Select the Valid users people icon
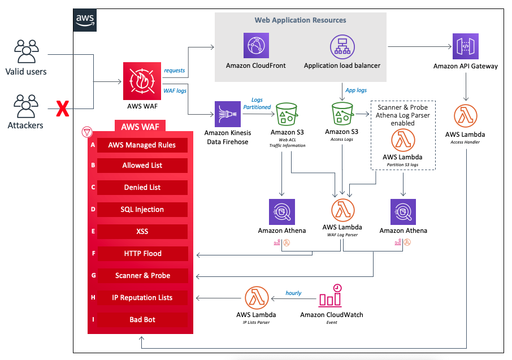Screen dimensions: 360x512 point(25,51)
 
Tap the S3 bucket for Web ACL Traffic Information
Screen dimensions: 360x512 point(287,115)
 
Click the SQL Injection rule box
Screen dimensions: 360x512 point(142,210)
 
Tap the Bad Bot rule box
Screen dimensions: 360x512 point(142,320)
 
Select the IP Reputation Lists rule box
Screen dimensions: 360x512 point(142,298)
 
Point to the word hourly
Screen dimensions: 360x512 point(293,293)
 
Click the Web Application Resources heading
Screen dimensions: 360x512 point(300,20)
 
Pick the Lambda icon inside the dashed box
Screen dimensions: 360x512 point(402,140)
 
